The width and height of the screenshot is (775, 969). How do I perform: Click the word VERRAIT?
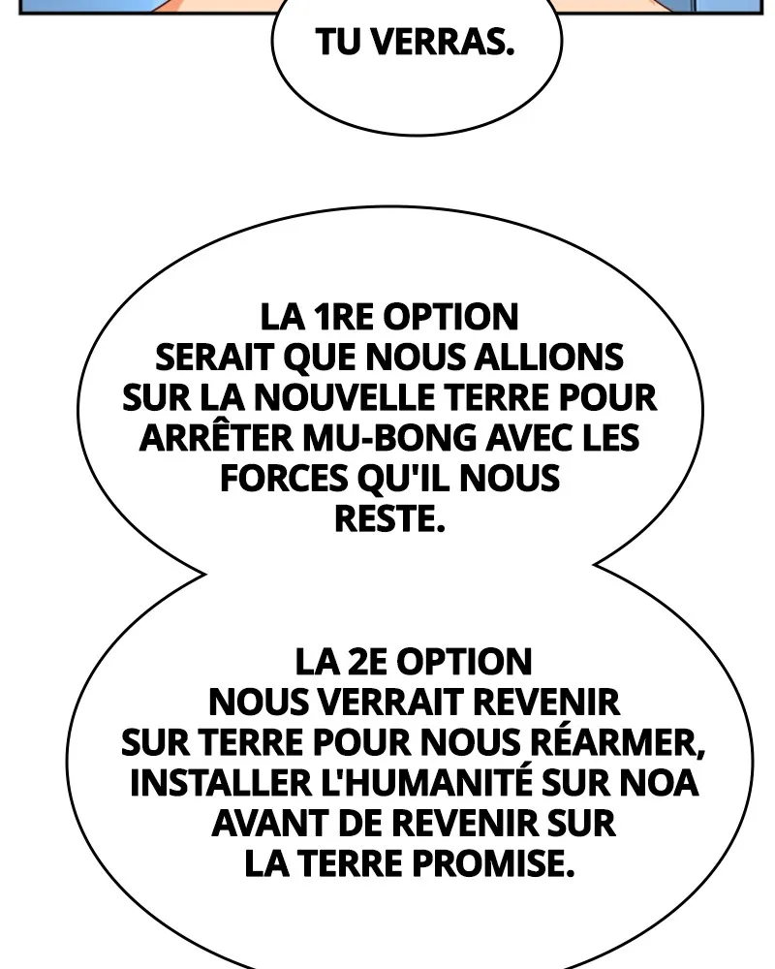coord(393,702)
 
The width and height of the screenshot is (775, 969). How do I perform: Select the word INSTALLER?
coord(221,782)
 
